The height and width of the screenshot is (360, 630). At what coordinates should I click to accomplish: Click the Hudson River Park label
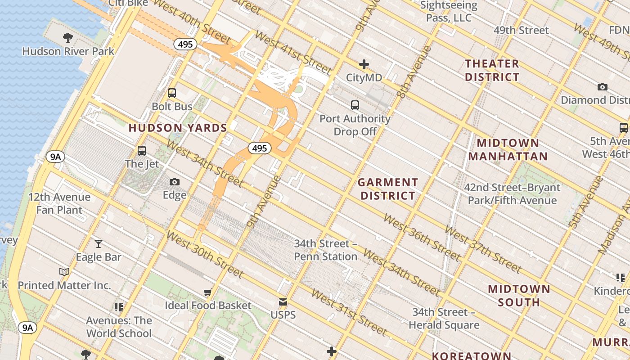68,51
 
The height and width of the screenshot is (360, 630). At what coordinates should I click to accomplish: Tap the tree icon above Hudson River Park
68,37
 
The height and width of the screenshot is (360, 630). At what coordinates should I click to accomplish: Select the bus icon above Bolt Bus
172,93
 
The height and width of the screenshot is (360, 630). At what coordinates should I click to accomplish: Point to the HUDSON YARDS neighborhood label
178,128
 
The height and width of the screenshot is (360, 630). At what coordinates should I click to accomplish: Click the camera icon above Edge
175,182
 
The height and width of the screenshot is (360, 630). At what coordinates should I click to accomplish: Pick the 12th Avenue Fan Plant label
59,203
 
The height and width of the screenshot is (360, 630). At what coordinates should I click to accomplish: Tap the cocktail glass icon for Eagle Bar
99,244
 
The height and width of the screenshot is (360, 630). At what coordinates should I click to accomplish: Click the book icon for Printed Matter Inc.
64,272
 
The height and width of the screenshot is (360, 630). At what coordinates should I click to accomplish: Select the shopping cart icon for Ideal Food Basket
207,292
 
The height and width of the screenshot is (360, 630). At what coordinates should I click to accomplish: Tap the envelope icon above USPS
283,301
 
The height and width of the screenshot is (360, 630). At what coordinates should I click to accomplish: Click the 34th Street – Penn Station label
326,250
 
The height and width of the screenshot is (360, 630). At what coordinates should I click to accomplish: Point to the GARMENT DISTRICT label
387,189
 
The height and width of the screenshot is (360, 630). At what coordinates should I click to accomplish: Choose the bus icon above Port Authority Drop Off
355,105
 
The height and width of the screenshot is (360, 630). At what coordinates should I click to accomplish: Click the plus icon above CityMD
364,64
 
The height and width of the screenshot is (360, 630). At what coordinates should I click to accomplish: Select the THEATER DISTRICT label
492,70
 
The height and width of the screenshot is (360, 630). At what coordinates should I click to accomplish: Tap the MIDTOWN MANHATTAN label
508,150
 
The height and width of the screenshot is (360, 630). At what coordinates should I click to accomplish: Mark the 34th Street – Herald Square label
446,318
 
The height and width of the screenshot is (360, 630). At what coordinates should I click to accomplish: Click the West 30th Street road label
205,255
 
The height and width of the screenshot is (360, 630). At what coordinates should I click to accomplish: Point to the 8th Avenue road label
408,72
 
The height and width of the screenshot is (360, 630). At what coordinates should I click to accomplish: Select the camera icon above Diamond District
602,87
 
